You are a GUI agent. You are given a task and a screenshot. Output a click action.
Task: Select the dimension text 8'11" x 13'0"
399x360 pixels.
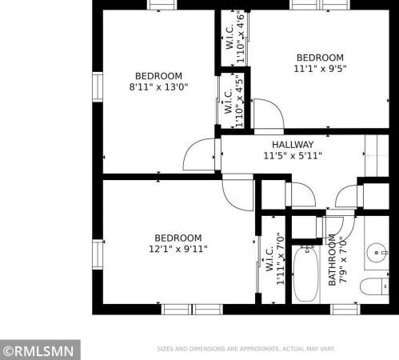point(158,87)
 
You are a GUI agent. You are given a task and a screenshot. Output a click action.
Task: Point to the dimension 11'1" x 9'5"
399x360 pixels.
point(320,69)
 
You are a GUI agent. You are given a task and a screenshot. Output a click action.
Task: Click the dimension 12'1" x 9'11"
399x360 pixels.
point(178,249)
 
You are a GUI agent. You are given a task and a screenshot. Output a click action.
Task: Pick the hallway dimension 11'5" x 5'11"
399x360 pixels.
point(292,156)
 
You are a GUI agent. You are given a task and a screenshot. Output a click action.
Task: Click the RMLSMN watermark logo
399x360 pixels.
point(39,350)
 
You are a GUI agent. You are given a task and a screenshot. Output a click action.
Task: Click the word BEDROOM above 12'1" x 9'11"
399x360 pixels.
point(178,238)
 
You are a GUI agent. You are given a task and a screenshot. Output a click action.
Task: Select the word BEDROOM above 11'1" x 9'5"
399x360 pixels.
point(320,58)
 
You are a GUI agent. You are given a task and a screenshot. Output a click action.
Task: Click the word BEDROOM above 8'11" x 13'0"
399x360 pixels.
point(158,76)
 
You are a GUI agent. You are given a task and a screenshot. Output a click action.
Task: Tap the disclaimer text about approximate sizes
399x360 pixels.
point(246,349)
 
